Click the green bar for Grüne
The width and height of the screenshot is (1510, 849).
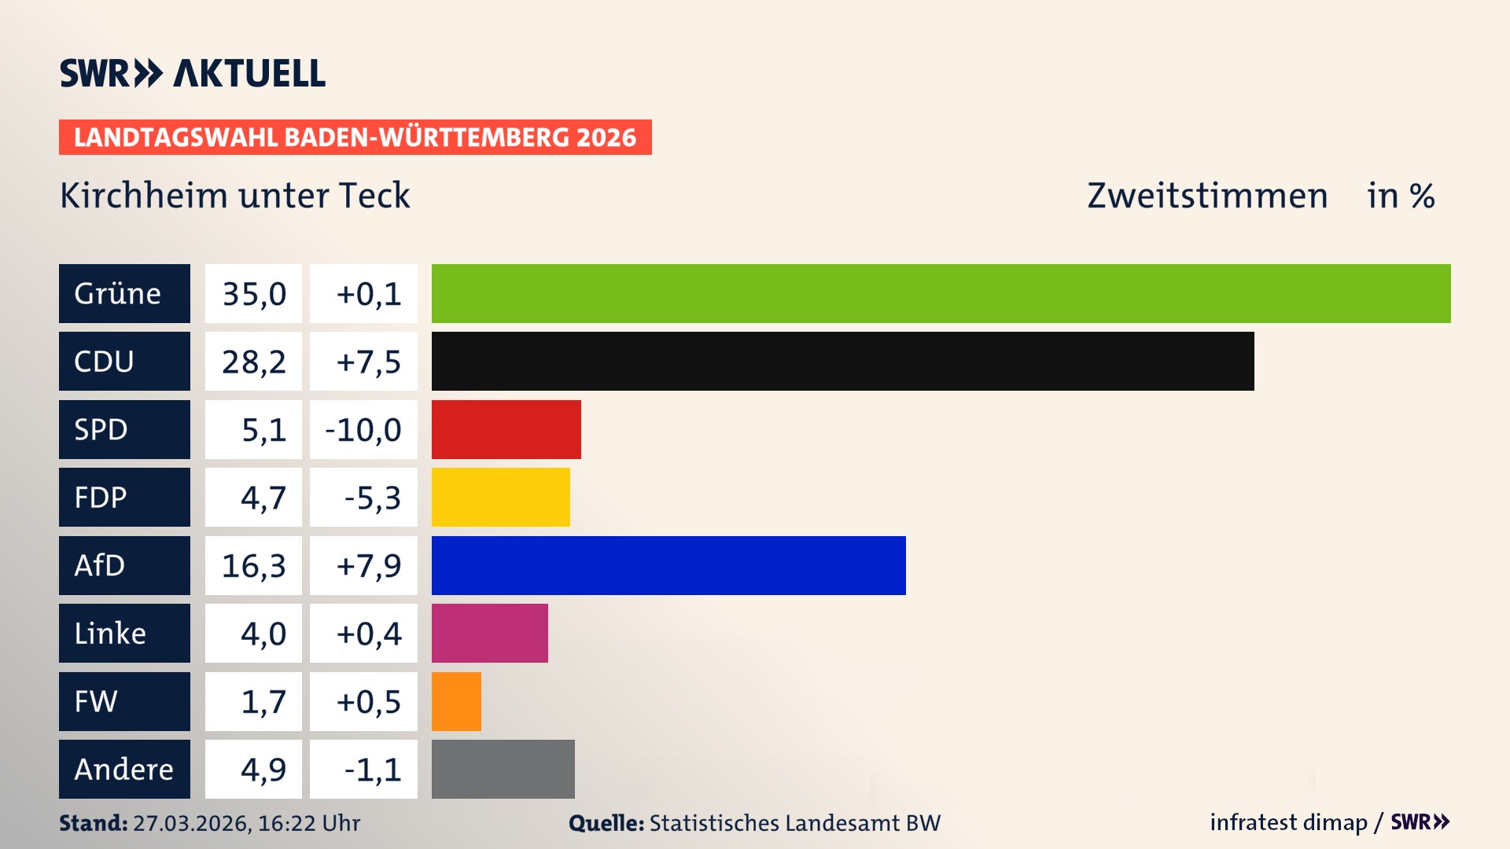(x=941, y=293)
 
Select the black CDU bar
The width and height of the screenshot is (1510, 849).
(x=842, y=362)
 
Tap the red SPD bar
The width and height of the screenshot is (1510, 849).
(x=506, y=429)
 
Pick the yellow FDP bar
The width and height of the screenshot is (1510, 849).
(x=500, y=497)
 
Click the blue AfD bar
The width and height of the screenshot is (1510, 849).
(x=668, y=565)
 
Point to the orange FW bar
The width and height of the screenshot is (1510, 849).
(x=456, y=701)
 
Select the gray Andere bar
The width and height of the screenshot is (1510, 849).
(x=503, y=769)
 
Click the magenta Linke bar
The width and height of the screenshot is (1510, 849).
(x=489, y=633)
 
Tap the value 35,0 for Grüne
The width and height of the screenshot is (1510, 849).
(x=253, y=294)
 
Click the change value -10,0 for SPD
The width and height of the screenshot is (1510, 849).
(x=363, y=430)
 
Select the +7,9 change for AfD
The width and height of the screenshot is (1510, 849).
(x=368, y=566)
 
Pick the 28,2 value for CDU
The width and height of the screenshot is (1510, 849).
(x=253, y=362)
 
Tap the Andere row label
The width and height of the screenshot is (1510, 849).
(x=124, y=769)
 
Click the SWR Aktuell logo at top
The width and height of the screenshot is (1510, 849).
(x=192, y=73)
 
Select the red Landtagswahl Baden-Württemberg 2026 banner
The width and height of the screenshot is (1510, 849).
(x=355, y=138)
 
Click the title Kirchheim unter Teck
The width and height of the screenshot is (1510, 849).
(x=234, y=195)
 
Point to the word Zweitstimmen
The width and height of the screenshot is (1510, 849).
(x=1206, y=195)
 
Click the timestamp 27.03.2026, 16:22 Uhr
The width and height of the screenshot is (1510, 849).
(x=246, y=823)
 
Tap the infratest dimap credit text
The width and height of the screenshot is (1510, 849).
(x=1287, y=822)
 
